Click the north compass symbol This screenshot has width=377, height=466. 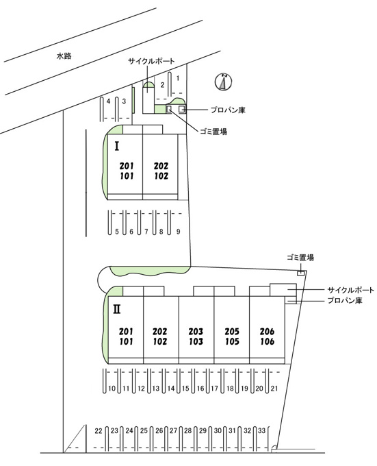click(223, 82)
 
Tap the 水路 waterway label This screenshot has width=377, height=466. click(64, 56)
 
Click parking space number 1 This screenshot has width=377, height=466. click(178, 78)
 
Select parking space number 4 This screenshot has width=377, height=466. click(108, 101)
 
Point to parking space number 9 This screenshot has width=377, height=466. click(178, 231)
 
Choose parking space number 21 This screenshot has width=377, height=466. click(274, 388)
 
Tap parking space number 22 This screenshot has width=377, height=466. click(99, 430)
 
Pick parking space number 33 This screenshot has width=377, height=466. click(261, 430)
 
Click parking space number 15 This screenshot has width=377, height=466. click(185, 388)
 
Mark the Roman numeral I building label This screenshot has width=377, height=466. click(117, 146)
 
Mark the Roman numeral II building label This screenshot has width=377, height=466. click(116, 310)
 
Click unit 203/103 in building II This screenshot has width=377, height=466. click(196, 336)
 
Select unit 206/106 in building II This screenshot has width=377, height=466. click(267, 336)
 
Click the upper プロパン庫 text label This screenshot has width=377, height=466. click(228, 110)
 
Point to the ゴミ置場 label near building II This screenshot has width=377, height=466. click(300, 258)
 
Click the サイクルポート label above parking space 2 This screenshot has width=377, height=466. click(151, 61)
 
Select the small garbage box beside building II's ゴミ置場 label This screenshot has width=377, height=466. click(301, 273)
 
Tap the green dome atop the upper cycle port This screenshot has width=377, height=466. click(148, 85)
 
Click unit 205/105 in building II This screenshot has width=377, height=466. click(232, 336)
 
